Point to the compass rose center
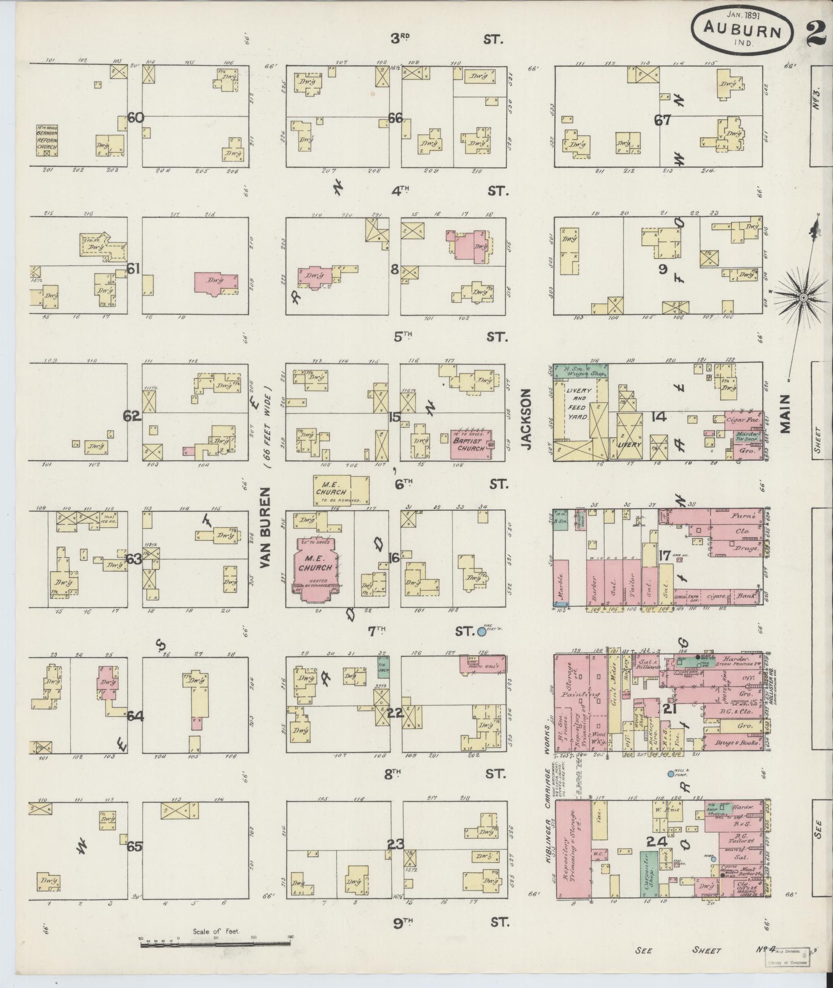804,299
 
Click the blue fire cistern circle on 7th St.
482,631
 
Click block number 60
136,118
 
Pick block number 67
662,120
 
